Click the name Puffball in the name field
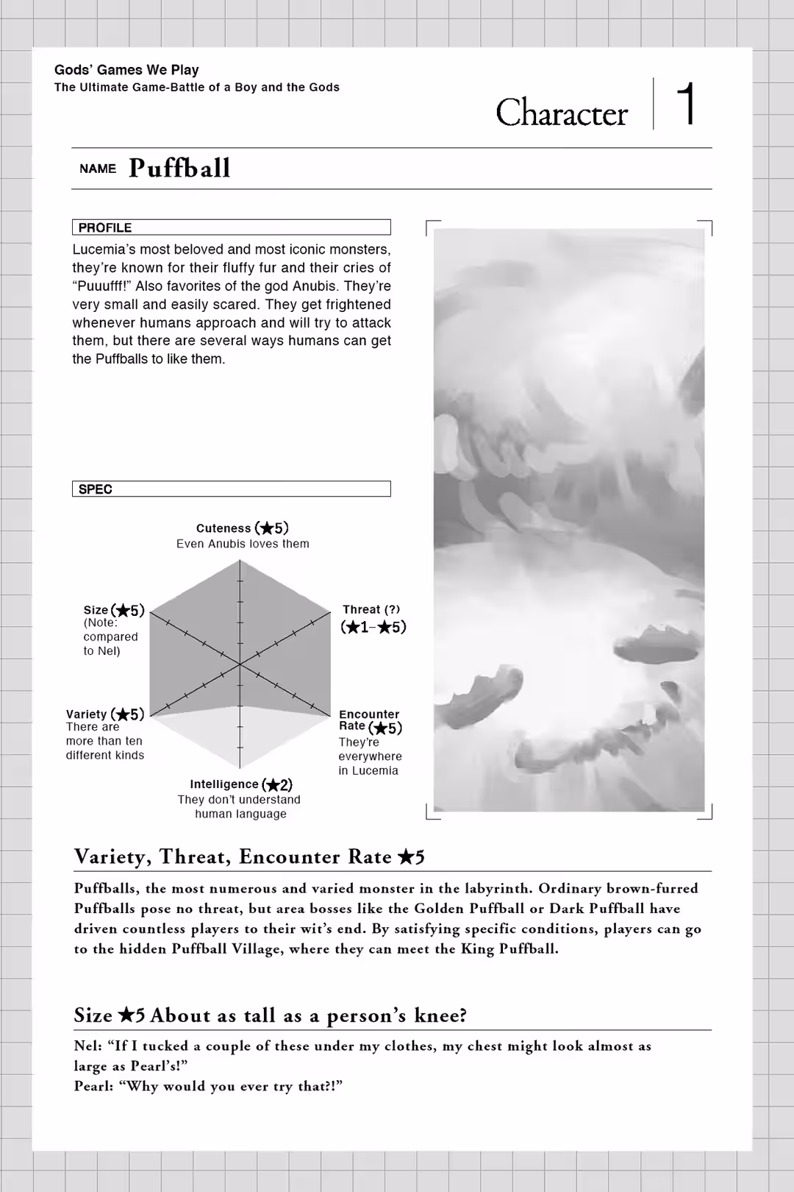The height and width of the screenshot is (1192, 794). pos(179,168)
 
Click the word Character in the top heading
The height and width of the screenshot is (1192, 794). pos(562,113)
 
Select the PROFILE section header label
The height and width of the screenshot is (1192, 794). pos(105,228)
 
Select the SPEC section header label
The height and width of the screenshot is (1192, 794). pos(96,489)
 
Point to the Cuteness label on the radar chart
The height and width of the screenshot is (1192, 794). pos(223,528)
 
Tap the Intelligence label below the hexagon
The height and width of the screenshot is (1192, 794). pos(223,784)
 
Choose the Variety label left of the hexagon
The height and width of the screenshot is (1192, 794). pos(87,714)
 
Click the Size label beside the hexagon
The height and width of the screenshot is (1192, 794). pos(96,610)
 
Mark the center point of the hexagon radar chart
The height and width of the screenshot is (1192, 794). pos(240,664)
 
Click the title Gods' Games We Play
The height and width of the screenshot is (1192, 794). pos(126,70)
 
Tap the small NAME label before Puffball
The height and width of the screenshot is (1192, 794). pos(98,168)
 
